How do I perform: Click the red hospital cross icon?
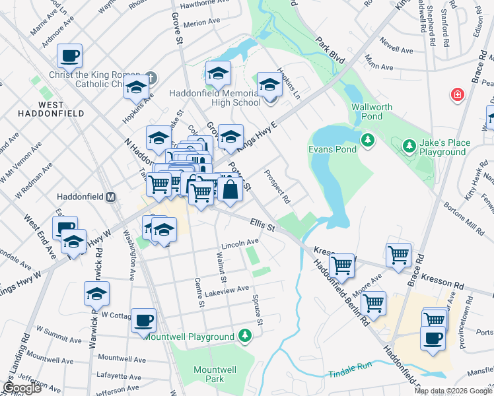[456, 96]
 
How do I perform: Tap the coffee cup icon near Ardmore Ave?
[69, 56]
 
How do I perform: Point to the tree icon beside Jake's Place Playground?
[409, 145]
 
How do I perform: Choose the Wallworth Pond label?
[372, 112]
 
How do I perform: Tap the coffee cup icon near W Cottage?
[143, 321]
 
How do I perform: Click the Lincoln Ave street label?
[240, 243]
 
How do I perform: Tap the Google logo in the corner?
[22, 388]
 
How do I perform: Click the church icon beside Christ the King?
[151, 77]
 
